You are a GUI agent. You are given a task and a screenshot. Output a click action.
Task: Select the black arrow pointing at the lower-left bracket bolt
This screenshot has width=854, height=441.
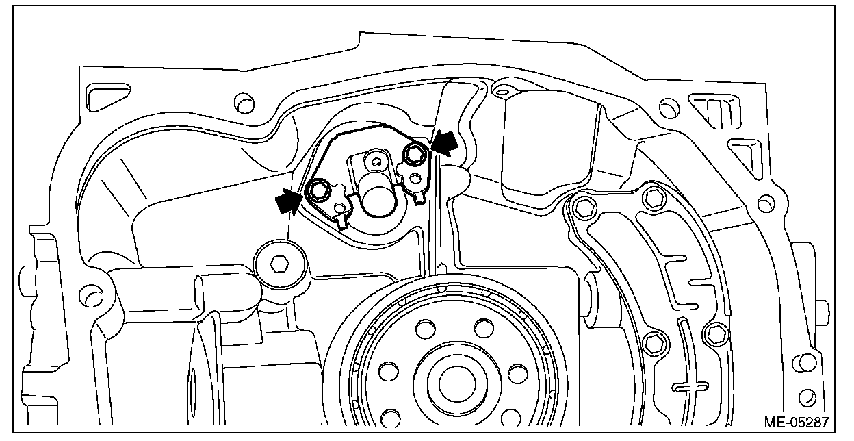(x=287, y=201)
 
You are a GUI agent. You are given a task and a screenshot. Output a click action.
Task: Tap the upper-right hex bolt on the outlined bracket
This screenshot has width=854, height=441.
(x=415, y=155)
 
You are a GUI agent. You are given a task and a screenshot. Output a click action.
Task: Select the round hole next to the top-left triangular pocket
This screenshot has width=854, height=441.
(x=242, y=104)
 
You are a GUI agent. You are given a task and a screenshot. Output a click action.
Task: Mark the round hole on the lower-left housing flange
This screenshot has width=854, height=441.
(x=87, y=295)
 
